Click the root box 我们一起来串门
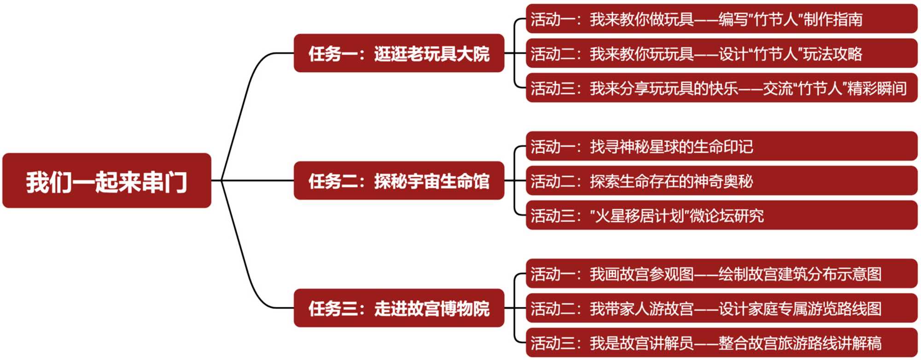[106, 180]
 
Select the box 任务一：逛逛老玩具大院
[399, 53]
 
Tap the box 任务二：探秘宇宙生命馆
[399, 180]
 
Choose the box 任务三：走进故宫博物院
[399, 308]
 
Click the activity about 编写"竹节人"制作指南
[721, 19]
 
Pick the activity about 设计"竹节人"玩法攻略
[721, 53]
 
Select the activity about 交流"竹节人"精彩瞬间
[721, 88]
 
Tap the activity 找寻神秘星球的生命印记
[721, 146]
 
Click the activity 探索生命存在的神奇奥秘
[721, 181]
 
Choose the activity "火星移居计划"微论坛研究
[721, 215]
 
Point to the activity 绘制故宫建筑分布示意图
[721, 274]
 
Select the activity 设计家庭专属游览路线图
[721, 308]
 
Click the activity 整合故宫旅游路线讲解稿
[721, 343]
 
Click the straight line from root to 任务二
[258, 180]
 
